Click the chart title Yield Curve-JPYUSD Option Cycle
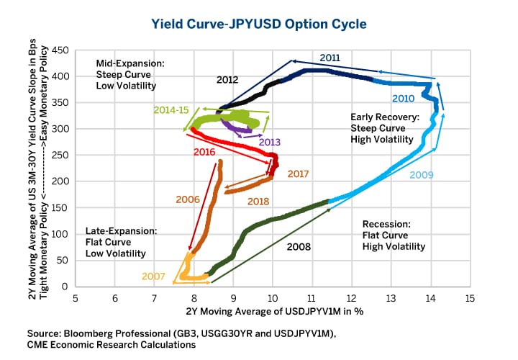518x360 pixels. (x=259, y=24)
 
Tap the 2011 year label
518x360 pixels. (x=330, y=57)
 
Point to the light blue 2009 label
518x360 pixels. (x=421, y=174)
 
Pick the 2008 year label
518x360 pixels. (x=298, y=247)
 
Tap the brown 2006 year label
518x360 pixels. (x=187, y=198)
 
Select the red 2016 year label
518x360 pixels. (x=205, y=153)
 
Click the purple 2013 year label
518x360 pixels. (x=271, y=142)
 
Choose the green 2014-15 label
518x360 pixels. (x=171, y=110)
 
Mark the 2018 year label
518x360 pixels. (x=258, y=202)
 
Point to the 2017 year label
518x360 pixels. (x=298, y=174)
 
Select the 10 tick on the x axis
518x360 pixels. (x=272, y=297)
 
